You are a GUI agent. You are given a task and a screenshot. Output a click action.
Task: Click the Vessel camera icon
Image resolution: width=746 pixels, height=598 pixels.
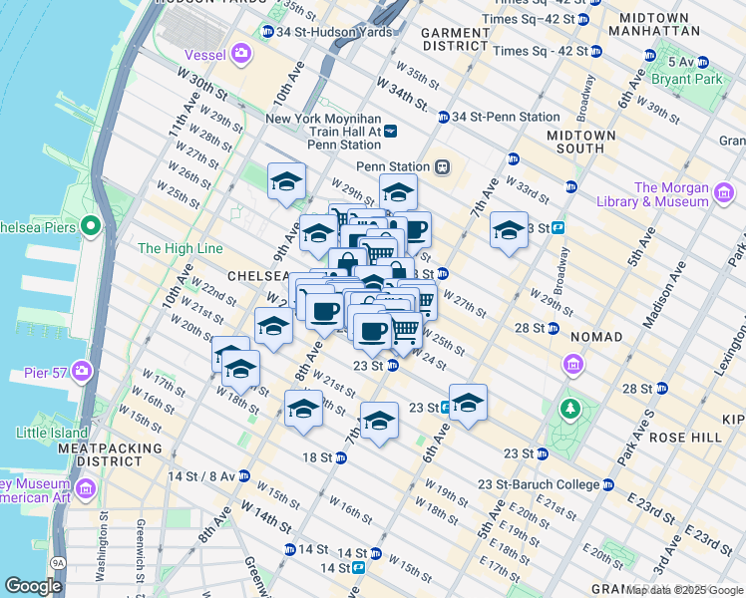pos(240,53)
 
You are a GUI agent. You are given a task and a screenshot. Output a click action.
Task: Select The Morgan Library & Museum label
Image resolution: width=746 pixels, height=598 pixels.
pos(671,194)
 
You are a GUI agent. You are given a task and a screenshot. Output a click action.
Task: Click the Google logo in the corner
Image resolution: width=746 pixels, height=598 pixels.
pos(33,586)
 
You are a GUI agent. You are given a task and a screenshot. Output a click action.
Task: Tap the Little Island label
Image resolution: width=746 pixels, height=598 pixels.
pos(53,433)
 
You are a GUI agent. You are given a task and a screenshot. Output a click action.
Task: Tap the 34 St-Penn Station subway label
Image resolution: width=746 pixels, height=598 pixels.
pos(506,117)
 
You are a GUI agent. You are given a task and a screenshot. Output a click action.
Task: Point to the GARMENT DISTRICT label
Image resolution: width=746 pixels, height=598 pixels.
pos(454,39)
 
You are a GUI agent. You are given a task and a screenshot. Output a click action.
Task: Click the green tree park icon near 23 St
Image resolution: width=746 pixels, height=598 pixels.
pos(569,409)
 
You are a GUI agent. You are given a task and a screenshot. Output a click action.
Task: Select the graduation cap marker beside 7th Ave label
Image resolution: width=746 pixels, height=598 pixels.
pos(509,231)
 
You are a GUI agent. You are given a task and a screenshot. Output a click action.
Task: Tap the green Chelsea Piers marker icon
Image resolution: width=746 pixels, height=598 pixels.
pos(91,225)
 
